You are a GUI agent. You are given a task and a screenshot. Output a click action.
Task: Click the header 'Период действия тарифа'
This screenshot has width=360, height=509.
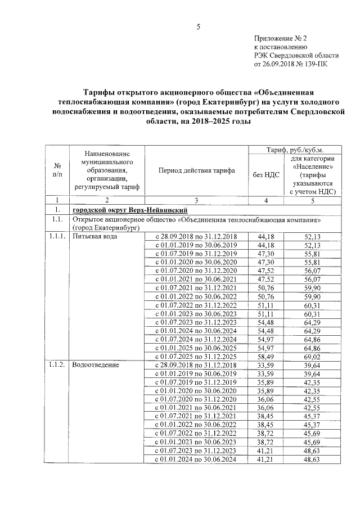[196, 170]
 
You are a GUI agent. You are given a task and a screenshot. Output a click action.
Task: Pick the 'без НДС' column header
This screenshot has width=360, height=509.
[265, 174]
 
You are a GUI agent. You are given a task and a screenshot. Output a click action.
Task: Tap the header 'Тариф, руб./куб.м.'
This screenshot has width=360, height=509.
[295, 150]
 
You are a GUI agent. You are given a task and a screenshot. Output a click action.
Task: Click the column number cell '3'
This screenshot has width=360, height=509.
[196, 200]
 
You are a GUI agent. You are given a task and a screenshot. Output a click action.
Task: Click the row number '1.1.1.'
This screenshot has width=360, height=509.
[57, 237]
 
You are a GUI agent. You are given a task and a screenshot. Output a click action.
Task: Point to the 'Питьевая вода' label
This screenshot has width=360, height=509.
[93, 237]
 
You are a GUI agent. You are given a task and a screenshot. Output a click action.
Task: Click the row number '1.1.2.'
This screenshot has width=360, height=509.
[57, 366]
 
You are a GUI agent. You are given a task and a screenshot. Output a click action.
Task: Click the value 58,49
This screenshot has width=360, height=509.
[265, 357]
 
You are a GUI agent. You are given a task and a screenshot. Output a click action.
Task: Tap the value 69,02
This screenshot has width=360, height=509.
[311, 357]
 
